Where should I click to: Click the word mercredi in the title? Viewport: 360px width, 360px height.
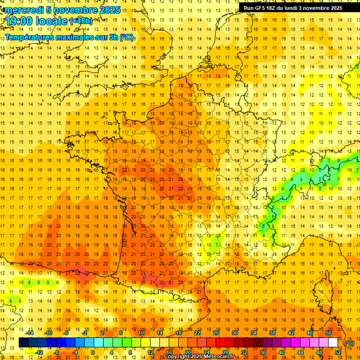click(x=24, y=10)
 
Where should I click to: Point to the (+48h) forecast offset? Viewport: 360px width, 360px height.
click(x=81, y=21)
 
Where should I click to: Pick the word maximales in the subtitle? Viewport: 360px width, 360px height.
click(x=76, y=37)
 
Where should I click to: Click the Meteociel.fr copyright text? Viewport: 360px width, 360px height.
click(x=206, y=357)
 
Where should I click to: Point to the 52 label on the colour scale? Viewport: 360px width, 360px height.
click(x=337, y=352)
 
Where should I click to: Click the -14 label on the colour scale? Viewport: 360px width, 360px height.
click(x=30, y=333)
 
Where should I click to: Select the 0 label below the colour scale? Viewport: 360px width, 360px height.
click(x=93, y=352)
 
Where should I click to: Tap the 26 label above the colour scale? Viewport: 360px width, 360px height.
click(x=216, y=333)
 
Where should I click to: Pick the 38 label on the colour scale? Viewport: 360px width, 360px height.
click(x=272, y=333)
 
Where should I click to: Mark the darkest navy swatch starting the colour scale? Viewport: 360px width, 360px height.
click(x=23, y=343)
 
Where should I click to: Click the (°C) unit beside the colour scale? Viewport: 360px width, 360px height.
click(x=349, y=343)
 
